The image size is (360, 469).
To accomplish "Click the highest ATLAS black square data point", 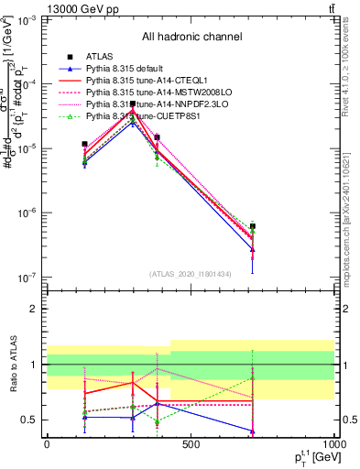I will coord(134,104).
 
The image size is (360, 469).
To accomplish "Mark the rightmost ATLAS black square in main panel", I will coord(252,225).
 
